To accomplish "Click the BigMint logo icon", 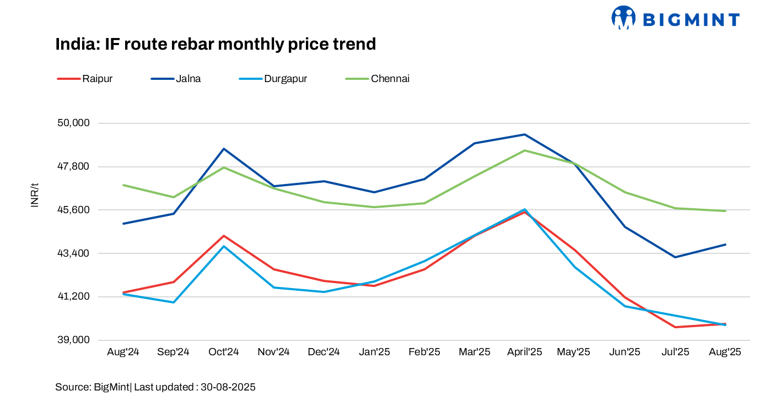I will (x=623, y=18).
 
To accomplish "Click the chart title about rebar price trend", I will (x=216, y=44).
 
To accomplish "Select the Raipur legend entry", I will (x=98, y=79).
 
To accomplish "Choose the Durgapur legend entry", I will (x=285, y=79).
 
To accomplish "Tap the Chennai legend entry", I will (x=390, y=79).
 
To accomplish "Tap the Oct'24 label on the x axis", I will (x=224, y=352).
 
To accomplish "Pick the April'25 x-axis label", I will (x=525, y=352).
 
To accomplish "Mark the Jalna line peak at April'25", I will (x=525, y=134).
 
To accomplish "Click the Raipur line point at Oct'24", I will (x=224, y=236).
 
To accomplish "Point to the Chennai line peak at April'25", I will (x=525, y=150).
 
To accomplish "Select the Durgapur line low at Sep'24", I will (x=174, y=302).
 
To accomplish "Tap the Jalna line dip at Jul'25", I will (x=675, y=257).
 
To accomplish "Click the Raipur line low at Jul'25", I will (x=675, y=327).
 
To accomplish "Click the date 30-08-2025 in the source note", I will (x=228, y=387).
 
